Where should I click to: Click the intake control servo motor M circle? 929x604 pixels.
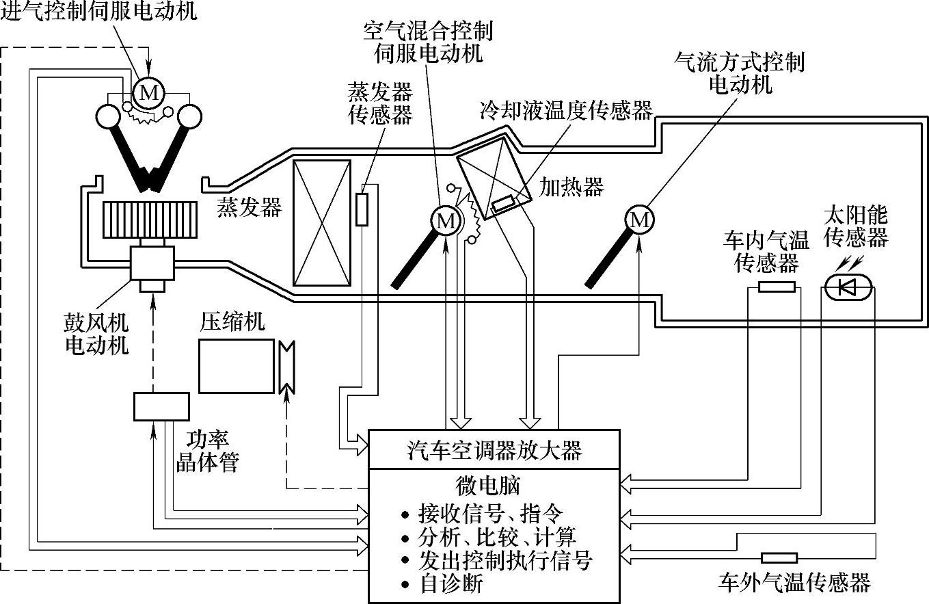point(148,92)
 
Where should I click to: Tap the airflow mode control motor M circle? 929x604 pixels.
point(640,219)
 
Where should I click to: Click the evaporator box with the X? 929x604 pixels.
point(321,223)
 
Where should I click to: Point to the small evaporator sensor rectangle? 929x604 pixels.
point(362,209)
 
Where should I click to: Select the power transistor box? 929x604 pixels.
point(161,407)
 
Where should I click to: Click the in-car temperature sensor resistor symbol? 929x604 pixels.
point(777,287)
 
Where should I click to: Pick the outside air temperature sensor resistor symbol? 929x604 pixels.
point(779,557)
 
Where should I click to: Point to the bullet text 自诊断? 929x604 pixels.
point(450,585)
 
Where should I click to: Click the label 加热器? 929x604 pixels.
point(571,186)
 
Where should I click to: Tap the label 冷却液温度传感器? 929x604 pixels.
point(567,111)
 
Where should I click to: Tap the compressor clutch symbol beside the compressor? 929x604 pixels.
point(286,366)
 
